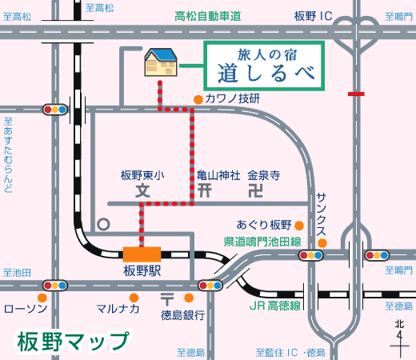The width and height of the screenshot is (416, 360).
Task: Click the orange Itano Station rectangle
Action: pos(142,254)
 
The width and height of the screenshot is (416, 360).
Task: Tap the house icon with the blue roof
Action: pos(161,62)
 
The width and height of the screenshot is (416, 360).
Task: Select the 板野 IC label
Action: pos(314,16)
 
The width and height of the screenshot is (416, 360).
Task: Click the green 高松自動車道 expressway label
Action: pos(208,16)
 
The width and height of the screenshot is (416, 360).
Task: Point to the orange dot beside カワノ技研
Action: pos(198,100)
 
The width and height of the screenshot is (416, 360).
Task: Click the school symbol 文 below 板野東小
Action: pos(143,191)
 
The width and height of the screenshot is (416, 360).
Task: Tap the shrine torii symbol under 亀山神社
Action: pos(205,191)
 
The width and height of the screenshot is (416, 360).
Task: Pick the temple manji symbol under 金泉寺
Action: pos(256,191)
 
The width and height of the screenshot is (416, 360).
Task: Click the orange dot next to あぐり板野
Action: pos(299,226)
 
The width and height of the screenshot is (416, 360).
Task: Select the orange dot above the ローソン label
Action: pos(42,298)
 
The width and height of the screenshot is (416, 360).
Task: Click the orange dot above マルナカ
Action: pos(134,298)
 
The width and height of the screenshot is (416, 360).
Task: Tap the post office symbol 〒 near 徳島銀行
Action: pos(167,299)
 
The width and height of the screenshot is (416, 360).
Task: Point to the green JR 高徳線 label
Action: pos(275,306)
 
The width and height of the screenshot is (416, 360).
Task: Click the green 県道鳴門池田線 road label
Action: pos(262,242)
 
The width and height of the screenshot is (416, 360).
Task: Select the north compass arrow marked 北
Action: pos(399,339)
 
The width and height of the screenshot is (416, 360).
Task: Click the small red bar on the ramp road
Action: pos(356,94)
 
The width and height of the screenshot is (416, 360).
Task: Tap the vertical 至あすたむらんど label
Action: pos(8,155)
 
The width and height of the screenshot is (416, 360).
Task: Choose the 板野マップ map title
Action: pos(73,342)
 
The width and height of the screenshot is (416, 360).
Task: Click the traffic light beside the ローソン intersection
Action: pos(55,286)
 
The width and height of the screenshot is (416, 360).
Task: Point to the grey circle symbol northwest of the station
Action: pos(103,224)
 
